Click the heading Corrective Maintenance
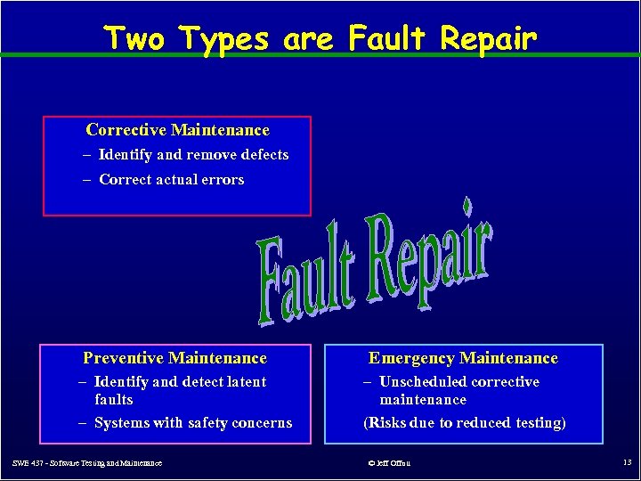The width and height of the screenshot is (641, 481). (x=177, y=130)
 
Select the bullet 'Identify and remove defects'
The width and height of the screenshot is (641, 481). (x=193, y=155)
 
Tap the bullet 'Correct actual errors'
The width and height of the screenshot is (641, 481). (x=171, y=180)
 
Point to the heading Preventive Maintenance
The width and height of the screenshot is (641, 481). (x=174, y=358)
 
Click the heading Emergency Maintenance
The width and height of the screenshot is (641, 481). (x=463, y=358)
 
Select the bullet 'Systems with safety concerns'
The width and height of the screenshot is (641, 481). (x=192, y=423)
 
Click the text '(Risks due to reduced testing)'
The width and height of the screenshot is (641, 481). (x=464, y=423)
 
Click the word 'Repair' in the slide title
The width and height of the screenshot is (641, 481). (x=485, y=39)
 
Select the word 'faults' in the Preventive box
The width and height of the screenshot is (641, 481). (x=113, y=400)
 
